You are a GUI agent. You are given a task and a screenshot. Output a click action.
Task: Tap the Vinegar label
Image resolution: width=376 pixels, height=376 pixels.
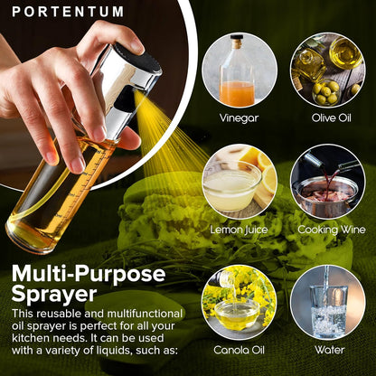point(239,117)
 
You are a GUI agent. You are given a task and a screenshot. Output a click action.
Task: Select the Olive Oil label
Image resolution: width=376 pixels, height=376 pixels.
point(327,117)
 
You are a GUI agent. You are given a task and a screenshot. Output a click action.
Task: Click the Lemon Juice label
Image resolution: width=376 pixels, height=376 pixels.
point(239,230)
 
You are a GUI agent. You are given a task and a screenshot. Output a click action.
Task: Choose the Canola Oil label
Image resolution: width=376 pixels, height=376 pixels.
point(239,349)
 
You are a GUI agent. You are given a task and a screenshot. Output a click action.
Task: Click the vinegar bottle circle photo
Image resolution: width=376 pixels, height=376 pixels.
point(239,70)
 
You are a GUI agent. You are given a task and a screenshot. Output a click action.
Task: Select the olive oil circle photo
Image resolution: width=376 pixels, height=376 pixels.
point(327,70)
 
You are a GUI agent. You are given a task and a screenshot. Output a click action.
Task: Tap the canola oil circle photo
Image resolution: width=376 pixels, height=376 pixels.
point(239,301)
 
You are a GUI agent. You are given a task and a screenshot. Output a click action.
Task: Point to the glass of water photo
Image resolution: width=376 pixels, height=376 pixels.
point(327,301)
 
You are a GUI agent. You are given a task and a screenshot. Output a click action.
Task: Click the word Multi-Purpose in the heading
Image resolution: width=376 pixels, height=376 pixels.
point(89,275)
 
